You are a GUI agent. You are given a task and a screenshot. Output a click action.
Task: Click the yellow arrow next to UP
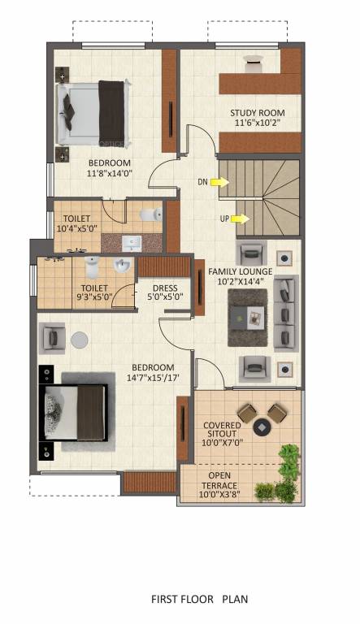coord(239,219)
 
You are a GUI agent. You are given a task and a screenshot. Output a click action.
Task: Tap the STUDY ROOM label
coord(252,113)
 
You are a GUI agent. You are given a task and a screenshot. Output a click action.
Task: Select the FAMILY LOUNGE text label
coord(239,271)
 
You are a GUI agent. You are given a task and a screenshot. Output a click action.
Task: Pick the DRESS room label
coord(165,288)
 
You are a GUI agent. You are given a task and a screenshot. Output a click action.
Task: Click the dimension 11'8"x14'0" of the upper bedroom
coord(110,172)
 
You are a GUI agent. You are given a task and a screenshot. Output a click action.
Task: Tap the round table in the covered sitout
coord(262,426)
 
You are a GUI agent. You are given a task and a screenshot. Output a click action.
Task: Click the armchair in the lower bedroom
coord(52,335)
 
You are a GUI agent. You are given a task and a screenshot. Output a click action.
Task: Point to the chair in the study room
coord(254,59)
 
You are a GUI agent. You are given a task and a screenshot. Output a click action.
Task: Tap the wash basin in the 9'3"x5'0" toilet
coord(123,266)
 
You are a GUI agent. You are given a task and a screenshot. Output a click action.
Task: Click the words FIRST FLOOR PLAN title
coord(199,600)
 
